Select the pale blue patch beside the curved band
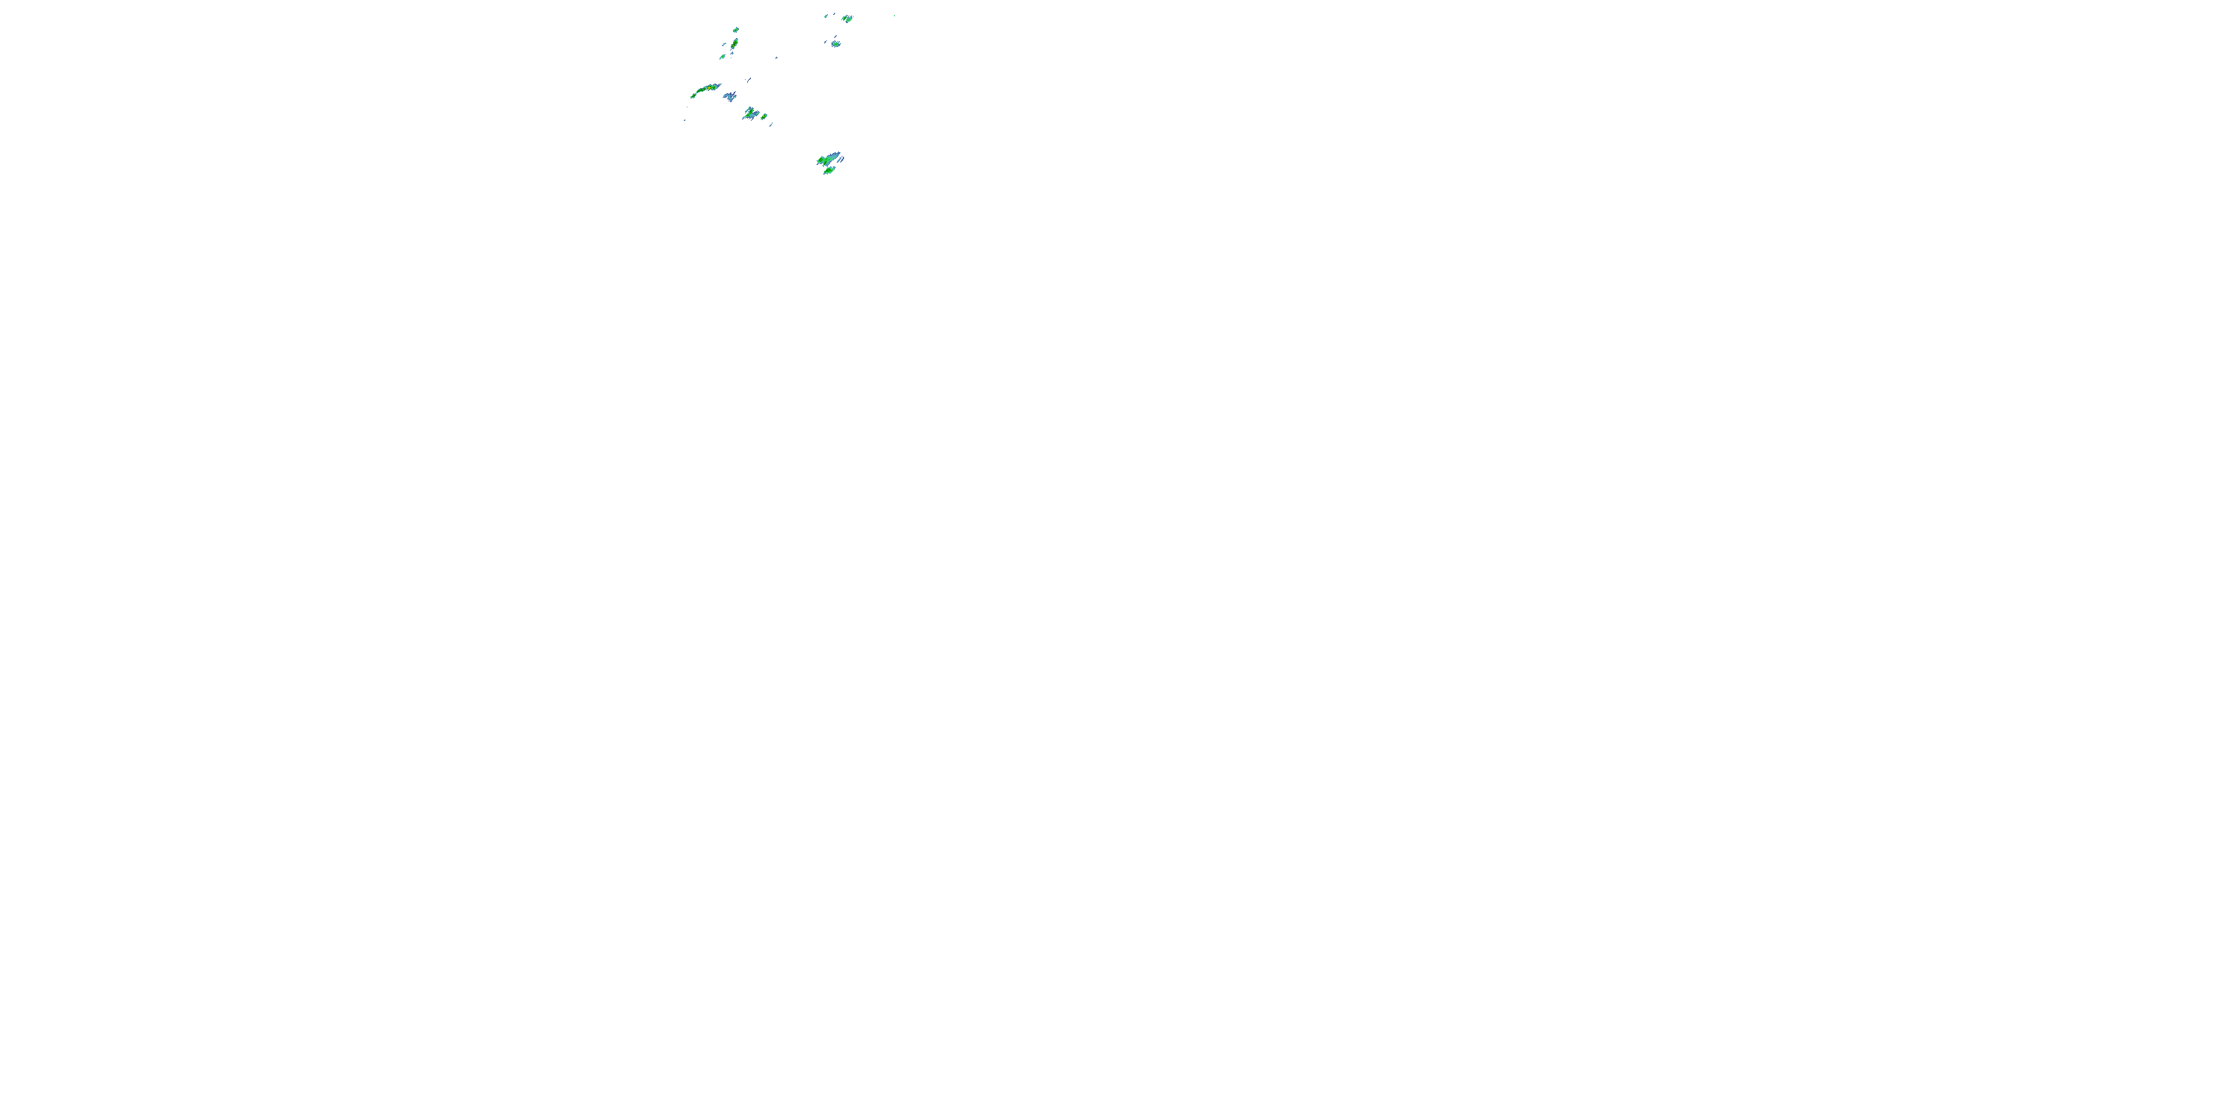tap(729, 96)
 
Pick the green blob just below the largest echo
tap(828, 171)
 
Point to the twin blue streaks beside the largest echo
tap(841, 158)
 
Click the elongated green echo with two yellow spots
tap(734, 43)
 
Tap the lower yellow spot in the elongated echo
tap(733, 47)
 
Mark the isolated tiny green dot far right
tap(895, 16)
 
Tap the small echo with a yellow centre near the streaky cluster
tap(764, 116)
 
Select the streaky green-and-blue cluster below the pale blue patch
tap(750, 113)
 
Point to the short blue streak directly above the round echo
tap(834, 37)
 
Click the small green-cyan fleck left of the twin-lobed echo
tap(827, 16)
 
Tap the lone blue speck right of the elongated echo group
tap(776, 58)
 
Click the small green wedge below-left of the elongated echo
tap(723, 57)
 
